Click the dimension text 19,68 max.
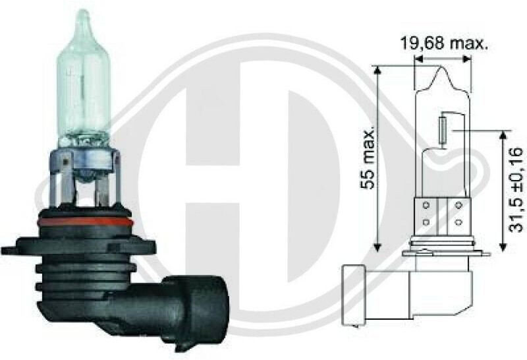(443, 43)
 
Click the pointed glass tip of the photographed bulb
(83, 17)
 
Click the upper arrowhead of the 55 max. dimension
(377, 70)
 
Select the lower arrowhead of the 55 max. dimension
(377, 247)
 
